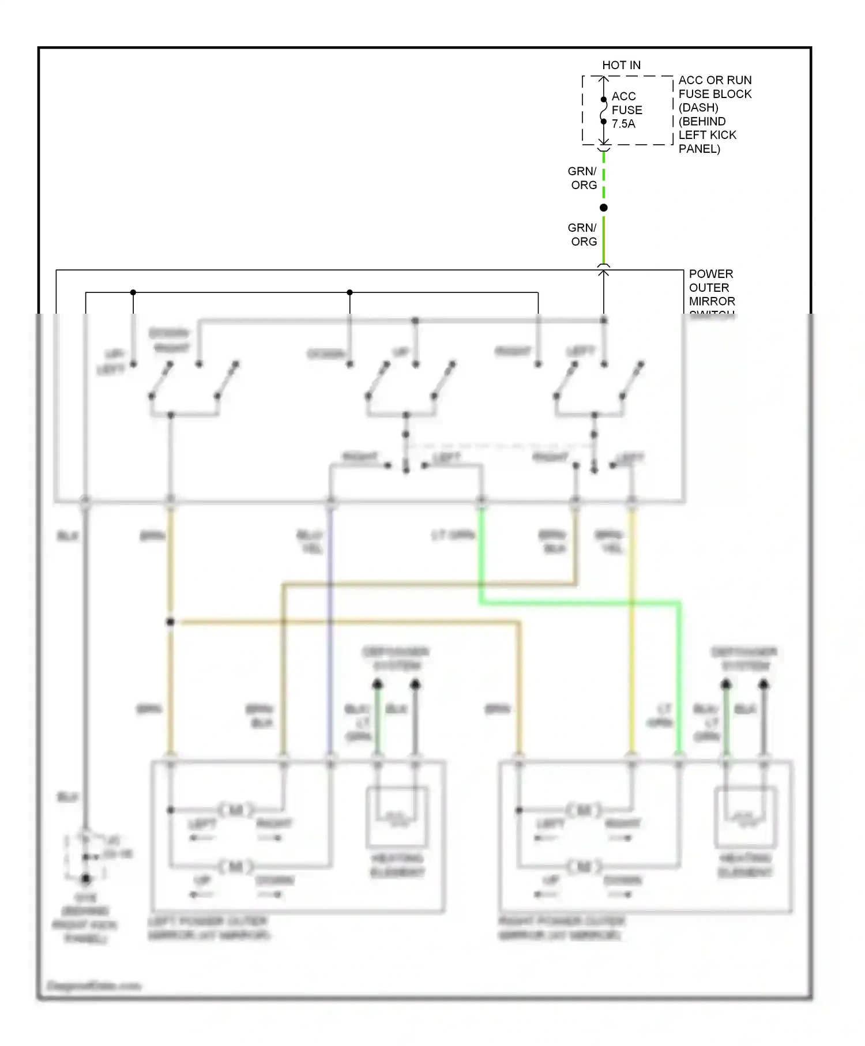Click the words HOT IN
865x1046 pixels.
tap(621, 65)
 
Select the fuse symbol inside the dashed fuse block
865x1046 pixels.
tap(603, 110)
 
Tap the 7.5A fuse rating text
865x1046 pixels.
tap(623, 124)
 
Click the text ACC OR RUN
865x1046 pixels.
tap(714, 80)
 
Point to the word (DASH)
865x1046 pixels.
tap(698, 108)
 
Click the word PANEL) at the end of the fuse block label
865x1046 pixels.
tap(699, 149)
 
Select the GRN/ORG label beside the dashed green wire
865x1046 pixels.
tap(582, 178)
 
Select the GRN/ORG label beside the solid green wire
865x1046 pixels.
tap(582, 235)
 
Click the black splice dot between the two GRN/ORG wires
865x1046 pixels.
tap(603, 208)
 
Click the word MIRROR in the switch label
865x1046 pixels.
tap(712, 302)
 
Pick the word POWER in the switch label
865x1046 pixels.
tap(710, 274)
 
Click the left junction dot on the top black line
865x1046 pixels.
tap(133, 292)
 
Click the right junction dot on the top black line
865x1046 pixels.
tap(349, 292)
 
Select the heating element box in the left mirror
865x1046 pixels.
tap(397, 817)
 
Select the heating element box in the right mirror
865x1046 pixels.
tap(745, 817)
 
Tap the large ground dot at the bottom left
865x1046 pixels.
tap(85, 879)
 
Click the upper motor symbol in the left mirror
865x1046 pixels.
tap(236, 810)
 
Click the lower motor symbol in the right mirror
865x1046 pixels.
tap(584, 866)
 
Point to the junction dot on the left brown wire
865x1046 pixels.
tap(170, 622)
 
